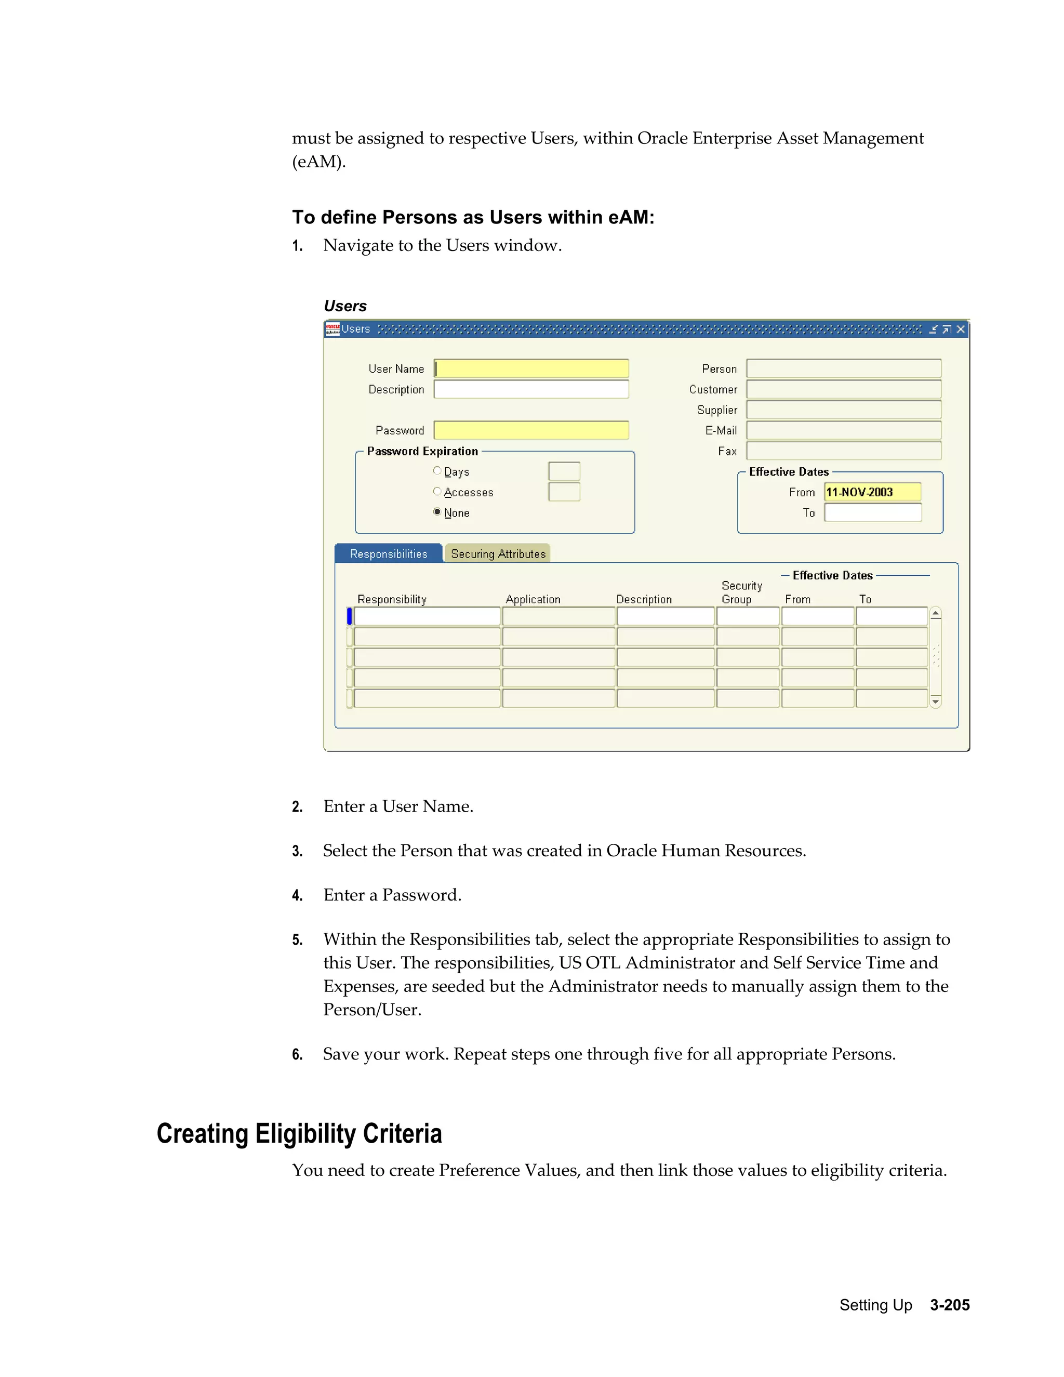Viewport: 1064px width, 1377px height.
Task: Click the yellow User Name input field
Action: pos(531,369)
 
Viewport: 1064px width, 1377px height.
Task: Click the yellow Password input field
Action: pos(531,431)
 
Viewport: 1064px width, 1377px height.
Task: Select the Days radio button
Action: pos(437,471)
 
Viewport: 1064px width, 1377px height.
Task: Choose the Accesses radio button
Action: pos(437,491)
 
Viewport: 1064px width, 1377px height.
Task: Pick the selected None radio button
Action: pos(437,512)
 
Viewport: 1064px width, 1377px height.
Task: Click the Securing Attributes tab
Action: pos(497,553)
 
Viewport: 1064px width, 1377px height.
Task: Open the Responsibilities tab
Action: pos(388,553)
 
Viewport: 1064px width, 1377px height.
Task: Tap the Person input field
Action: pos(843,369)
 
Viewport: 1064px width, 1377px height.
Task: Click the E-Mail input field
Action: pos(843,431)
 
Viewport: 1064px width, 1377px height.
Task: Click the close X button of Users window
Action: pos(961,329)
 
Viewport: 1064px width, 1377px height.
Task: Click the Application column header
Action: pos(533,600)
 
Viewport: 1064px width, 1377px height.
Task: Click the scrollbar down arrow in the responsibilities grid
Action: pos(935,701)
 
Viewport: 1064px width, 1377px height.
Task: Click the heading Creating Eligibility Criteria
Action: pos(299,1134)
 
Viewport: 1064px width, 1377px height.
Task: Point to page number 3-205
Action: pos(949,1305)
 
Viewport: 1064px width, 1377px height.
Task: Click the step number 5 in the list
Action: pos(297,940)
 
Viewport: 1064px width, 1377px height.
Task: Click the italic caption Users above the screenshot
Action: pos(345,307)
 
